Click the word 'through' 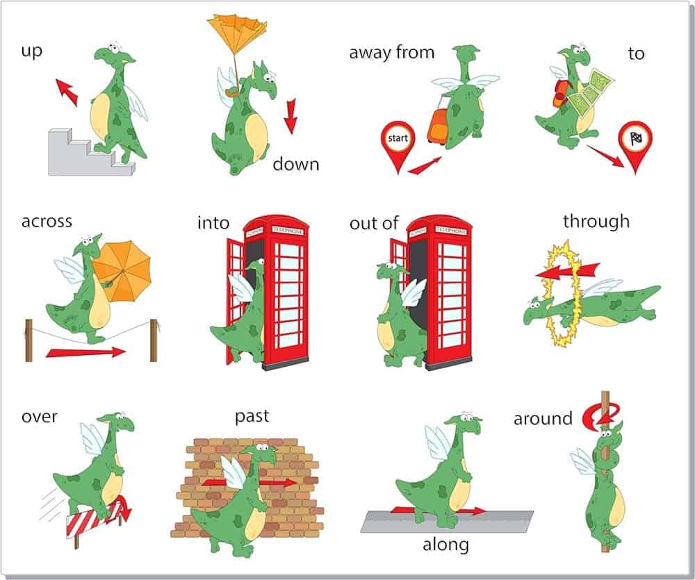click(x=596, y=221)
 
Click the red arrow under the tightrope click(x=85, y=353)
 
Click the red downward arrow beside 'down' click(x=291, y=116)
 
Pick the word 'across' click(x=47, y=221)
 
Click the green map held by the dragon click(x=591, y=91)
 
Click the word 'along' click(x=445, y=545)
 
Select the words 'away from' click(x=392, y=52)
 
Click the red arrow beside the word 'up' click(x=67, y=92)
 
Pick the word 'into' click(x=213, y=222)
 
